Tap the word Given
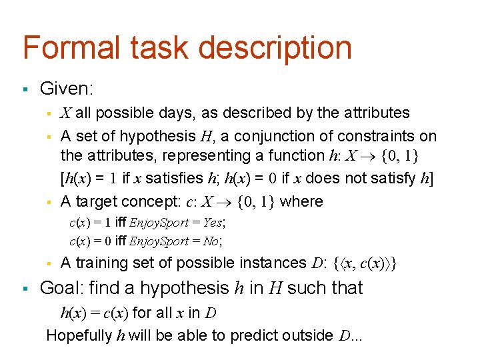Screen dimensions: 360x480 pos(65,88)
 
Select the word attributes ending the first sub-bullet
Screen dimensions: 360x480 pos(373,113)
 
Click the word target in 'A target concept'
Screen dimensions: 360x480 pos(100,201)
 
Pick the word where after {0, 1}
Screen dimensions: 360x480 pos(301,201)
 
